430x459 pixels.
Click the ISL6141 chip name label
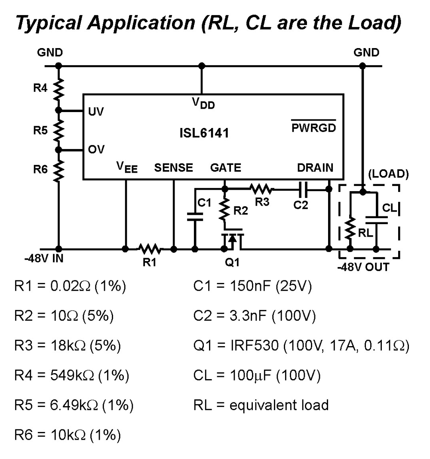[x=204, y=134]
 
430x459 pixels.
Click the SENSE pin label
[x=174, y=168]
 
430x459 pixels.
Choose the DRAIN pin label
[x=315, y=168]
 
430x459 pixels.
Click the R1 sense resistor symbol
[x=150, y=249]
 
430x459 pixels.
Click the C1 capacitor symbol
[x=195, y=218]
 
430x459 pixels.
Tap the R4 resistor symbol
[x=59, y=89]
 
